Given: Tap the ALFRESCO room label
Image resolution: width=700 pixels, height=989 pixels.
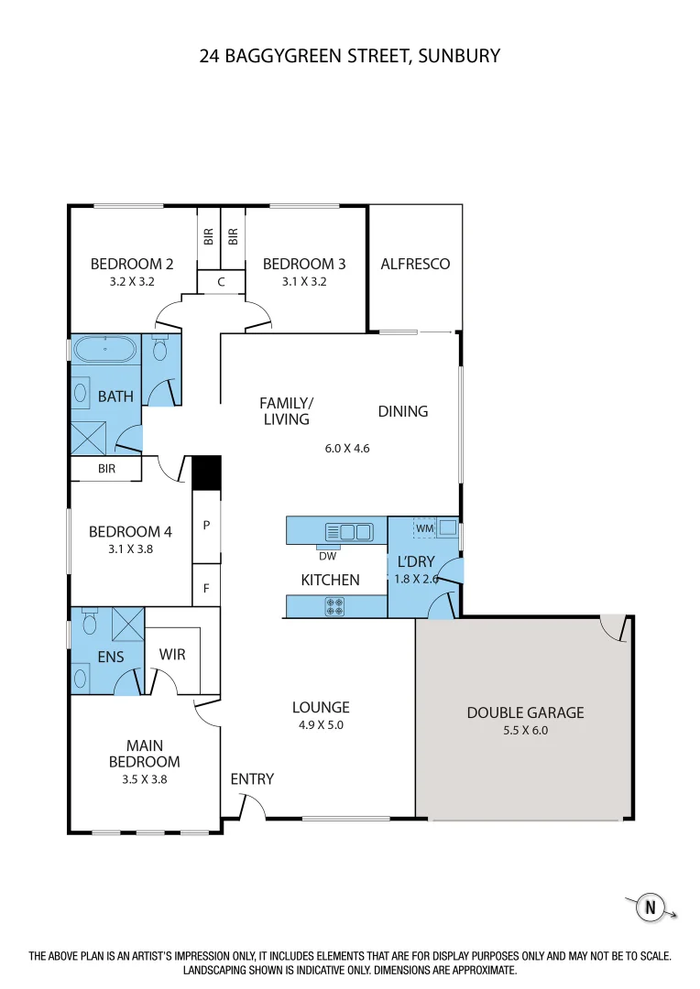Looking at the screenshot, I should click(x=415, y=264).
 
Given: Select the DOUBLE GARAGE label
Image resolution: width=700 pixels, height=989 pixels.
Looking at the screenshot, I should click(x=525, y=712).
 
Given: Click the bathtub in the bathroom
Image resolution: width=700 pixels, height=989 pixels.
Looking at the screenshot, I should click(x=105, y=349).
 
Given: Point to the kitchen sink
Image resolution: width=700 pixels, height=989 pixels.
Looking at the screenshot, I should click(x=349, y=530).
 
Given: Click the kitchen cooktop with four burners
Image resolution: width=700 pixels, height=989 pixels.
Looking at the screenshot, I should click(x=335, y=605).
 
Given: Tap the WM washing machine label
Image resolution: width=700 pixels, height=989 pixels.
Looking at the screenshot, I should click(x=424, y=528).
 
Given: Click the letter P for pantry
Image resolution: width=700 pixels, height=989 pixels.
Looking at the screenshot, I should click(x=206, y=526).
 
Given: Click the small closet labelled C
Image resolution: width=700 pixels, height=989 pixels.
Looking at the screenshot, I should click(x=221, y=282).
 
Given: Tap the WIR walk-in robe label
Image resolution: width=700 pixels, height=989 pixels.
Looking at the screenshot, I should click(x=173, y=655).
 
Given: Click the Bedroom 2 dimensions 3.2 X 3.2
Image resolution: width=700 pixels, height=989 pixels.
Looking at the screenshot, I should click(x=132, y=281).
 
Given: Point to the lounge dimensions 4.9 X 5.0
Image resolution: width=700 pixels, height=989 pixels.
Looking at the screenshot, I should click(x=321, y=724).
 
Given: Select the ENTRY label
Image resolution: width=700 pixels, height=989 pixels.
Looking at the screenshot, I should click(x=252, y=779).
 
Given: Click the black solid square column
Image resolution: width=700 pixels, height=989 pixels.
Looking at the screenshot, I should click(x=205, y=472).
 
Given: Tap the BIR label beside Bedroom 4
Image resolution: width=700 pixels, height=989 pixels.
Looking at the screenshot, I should click(x=106, y=470).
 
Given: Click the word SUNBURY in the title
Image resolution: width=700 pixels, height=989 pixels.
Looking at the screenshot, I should click(x=459, y=56).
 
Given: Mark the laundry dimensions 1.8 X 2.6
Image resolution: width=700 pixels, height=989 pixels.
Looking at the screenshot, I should click(x=417, y=579).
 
